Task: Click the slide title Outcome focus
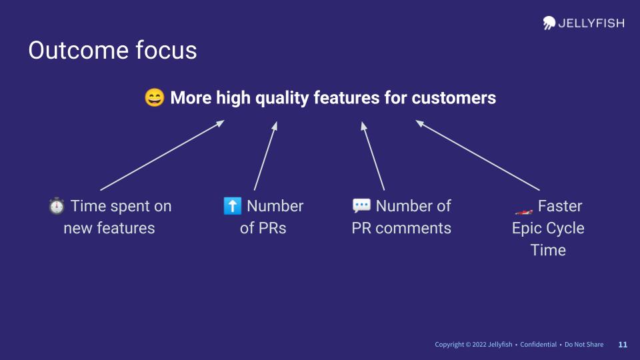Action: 113,50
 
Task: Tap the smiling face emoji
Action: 155,97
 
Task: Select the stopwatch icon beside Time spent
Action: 57,206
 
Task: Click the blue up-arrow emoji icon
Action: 233,206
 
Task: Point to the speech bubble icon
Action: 361,206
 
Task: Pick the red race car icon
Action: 524,211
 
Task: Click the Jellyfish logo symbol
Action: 549,23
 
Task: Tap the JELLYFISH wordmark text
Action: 591,23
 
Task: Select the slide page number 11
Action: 623,345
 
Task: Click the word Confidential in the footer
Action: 539,345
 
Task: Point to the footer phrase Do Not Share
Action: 584,345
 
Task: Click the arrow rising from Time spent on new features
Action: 163,155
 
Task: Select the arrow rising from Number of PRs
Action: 266,155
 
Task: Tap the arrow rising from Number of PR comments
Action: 373,155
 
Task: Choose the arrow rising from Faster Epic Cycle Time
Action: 477,155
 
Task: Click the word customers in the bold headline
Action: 454,98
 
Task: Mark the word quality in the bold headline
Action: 282,99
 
